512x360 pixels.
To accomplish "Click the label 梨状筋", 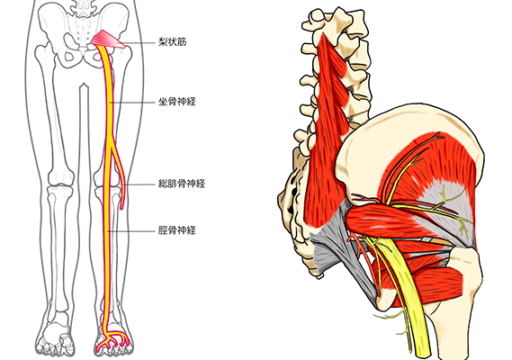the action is coord(172,41).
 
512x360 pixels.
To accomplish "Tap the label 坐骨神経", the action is coord(176,102).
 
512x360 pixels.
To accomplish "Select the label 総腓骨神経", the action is coord(182,184).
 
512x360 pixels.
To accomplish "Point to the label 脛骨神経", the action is coord(176,230).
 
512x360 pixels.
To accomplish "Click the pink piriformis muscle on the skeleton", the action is coord(108,40).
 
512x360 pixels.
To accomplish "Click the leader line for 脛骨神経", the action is coord(132,231).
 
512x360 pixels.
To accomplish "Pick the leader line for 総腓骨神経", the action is coord(139,184).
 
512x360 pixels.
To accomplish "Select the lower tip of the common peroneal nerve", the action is coord(121,208).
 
